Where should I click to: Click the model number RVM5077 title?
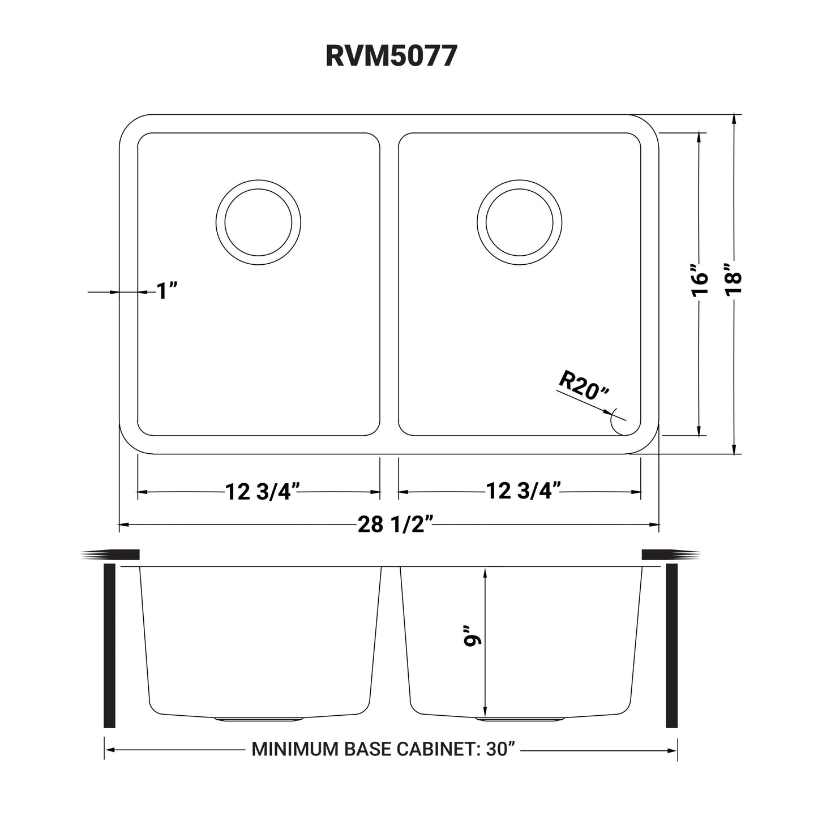(x=391, y=57)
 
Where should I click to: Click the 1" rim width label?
(x=167, y=291)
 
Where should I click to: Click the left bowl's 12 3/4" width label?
(x=258, y=492)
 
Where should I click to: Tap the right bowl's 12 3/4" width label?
(x=519, y=492)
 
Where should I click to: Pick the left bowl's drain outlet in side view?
(x=258, y=720)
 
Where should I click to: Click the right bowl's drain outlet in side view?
(x=519, y=720)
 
